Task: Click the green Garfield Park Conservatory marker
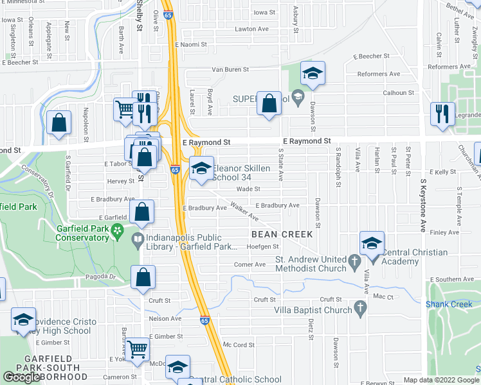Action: coord(117,229)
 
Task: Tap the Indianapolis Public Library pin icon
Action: coord(138,241)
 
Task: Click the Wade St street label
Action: coord(248,189)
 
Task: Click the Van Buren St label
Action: coord(230,69)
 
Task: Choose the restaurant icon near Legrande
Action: coord(442,113)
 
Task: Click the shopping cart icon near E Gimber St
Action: coord(137,349)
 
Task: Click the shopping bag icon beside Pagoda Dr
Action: coord(143,277)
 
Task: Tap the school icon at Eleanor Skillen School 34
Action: coord(202,169)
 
